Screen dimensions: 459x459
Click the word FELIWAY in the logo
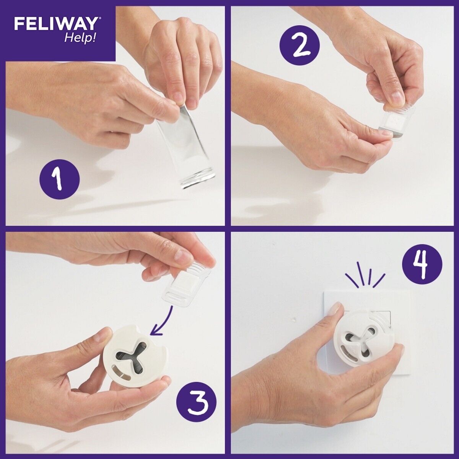(55, 24)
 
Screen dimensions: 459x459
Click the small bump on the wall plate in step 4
(294, 319)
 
